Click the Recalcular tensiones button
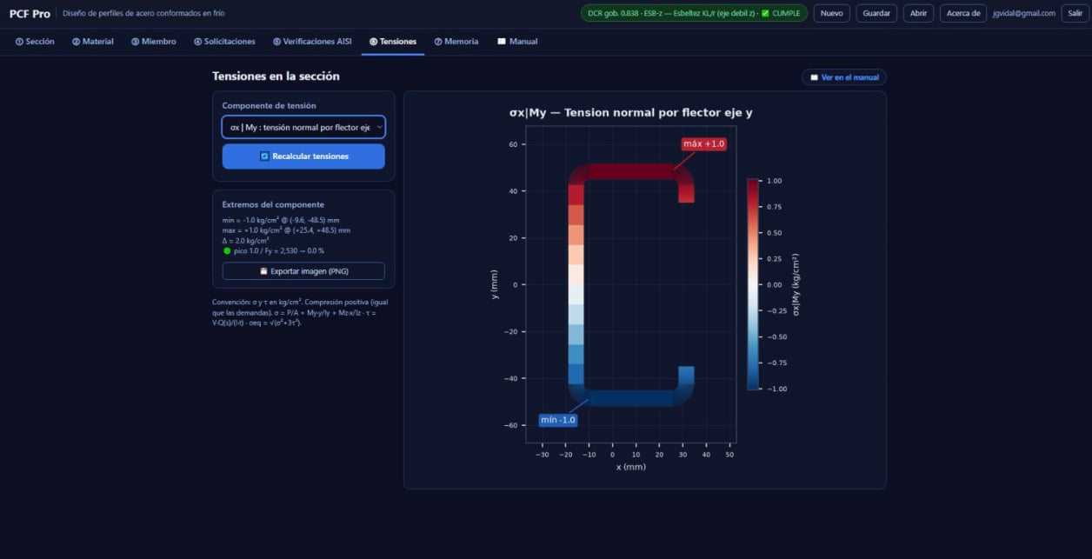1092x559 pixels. pyautogui.click(x=303, y=156)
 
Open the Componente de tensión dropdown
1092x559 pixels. pyautogui.click(x=303, y=127)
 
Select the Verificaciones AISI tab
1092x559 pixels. pyautogui.click(x=312, y=42)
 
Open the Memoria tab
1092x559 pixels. pyautogui.click(x=456, y=42)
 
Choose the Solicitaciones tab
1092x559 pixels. pyautogui.click(x=224, y=42)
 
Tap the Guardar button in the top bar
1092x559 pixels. pyautogui.click(x=876, y=13)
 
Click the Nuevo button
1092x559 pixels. pyautogui.click(x=831, y=13)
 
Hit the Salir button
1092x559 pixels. pyautogui.click(x=1075, y=13)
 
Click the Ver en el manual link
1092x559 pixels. pyautogui.click(x=844, y=77)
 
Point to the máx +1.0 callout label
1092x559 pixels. pyautogui.click(x=703, y=143)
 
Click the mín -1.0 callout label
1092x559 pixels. pyautogui.click(x=557, y=420)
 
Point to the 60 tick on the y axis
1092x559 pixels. pyautogui.click(x=513, y=144)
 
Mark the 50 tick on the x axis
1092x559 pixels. pyautogui.click(x=729, y=455)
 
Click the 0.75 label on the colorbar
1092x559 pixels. pyautogui.click(x=774, y=207)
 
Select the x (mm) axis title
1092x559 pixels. pyautogui.click(x=631, y=467)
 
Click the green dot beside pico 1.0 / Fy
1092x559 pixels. pyautogui.click(x=227, y=251)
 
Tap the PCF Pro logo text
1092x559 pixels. pyautogui.click(x=30, y=14)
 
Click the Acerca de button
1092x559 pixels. pyautogui.click(x=962, y=13)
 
